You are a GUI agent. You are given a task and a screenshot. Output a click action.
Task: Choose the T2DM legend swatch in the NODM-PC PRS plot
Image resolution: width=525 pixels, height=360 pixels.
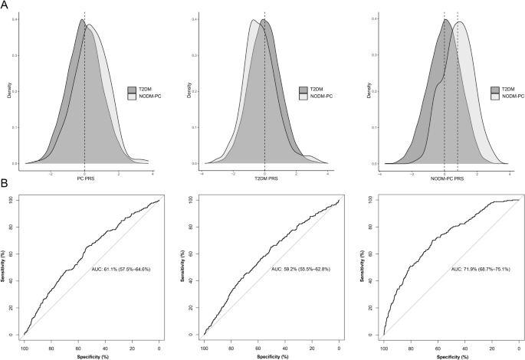click(x=492, y=90)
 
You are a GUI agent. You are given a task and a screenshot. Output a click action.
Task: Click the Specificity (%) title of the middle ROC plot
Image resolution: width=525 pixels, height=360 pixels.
click(x=271, y=355)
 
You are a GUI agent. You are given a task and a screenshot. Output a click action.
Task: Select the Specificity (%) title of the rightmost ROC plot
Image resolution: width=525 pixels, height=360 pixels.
click(x=451, y=355)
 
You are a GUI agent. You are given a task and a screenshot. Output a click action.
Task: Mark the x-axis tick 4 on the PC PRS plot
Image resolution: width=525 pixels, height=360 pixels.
click(x=152, y=172)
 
